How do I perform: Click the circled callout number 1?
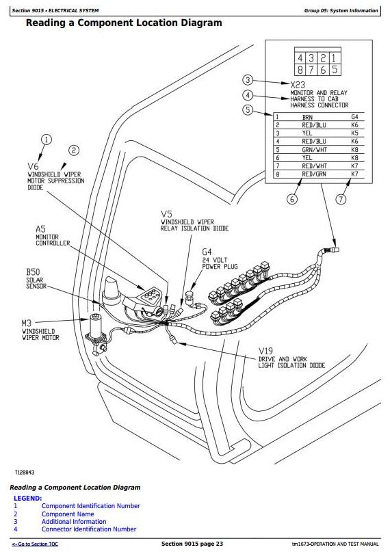tap(47, 140)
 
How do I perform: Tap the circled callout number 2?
tap(74, 150)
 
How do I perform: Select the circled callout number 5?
tap(248, 110)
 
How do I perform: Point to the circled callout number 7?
tap(341, 199)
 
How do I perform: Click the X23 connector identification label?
tap(298, 85)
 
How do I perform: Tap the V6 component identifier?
tap(33, 166)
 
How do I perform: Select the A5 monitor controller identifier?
tap(40, 229)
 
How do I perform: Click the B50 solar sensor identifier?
tap(33, 272)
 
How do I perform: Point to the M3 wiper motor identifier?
tap(27, 323)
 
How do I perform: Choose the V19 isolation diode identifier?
tap(265, 351)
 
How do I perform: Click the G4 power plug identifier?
tap(207, 252)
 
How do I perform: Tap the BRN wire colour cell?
tap(307, 117)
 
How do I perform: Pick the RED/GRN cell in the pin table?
tap(314, 174)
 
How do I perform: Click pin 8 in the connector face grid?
tap(300, 70)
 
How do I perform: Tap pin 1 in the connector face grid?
tap(334, 58)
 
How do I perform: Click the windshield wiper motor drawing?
tap(96, 333)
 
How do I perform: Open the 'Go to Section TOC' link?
tap(35, 544)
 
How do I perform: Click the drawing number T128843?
tap(25, 473)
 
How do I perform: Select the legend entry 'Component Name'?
tap(68, 514)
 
